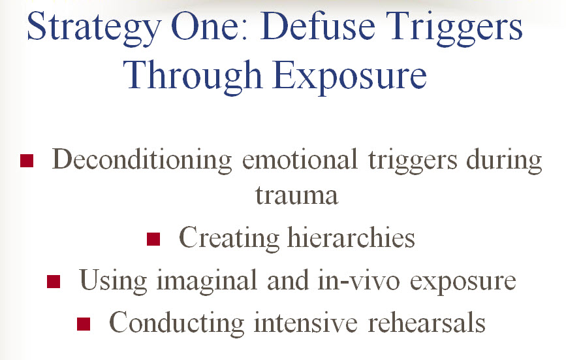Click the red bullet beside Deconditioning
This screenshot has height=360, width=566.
[x=27, y=161]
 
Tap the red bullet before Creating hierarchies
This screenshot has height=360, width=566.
[x=153, y=239]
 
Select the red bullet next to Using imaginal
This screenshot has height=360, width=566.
[x=54, y=282]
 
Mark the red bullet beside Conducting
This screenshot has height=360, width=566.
[x=84, y=324]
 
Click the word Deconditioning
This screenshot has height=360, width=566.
[x=142, y=161]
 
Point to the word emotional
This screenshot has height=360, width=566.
[x=300, y=159]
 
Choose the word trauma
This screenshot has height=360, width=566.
[x=297, y=196]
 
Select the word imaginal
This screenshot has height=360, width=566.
[x=206, y=282]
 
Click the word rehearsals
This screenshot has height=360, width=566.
[x=427, y=322]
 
